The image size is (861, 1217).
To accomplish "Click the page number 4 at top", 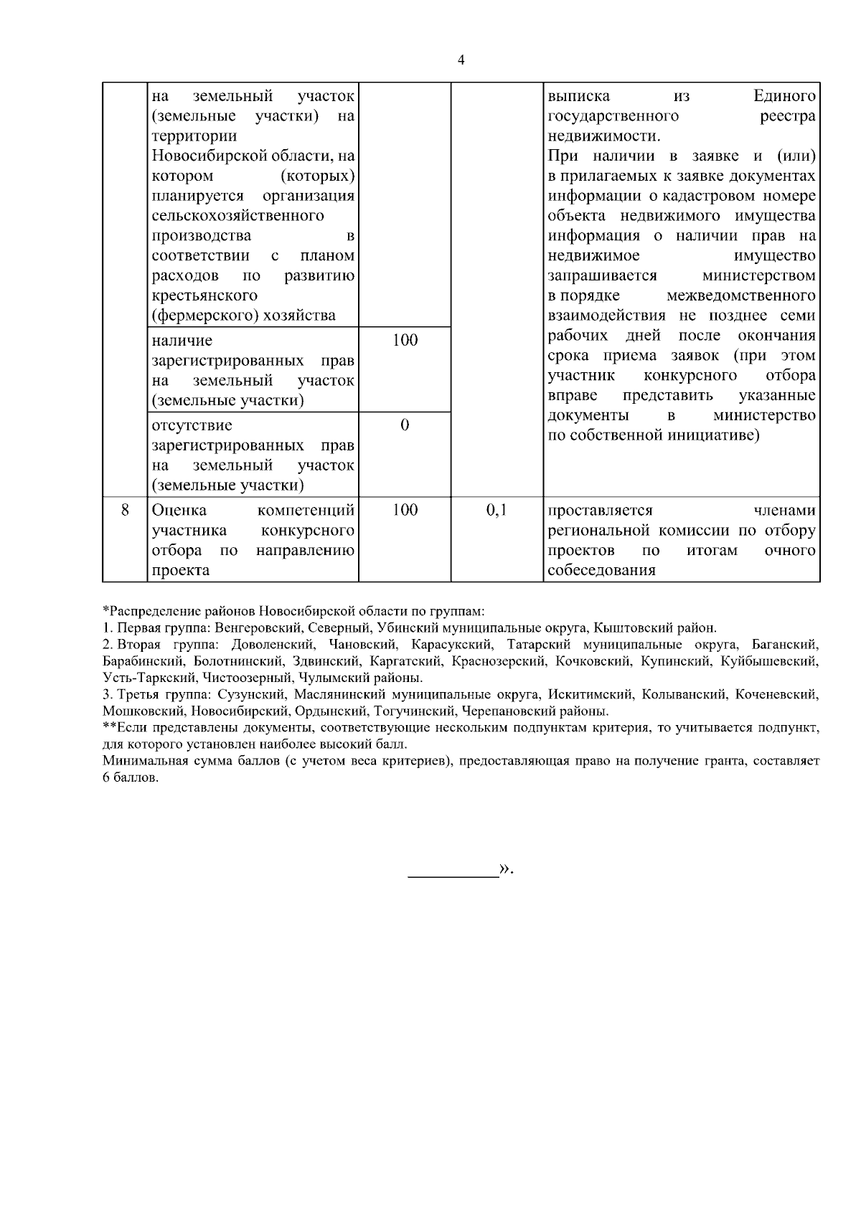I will pyautogui.click(x=461, y=60).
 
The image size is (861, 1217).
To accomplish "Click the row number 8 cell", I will pyautogui.click(x=124, y=511).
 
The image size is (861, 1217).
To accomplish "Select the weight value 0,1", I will pyautogui.click(x=496, y=511).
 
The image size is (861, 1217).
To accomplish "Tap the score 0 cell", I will pyautogui.click(x=405, y=425).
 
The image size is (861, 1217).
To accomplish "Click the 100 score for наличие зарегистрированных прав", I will pyautogui.click(x=405, y=341).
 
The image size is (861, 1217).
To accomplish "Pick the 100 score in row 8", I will pyautogui.click(x=405, y=511).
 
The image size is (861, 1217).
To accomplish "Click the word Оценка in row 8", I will pyautogui.click(x=179, y=511).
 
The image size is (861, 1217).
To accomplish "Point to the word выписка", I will pyautogui.click(x=578, y=96).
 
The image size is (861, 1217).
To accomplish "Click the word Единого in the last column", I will pyautogui.click(x=785, y=96).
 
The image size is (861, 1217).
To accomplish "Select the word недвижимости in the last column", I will pyautogui.click(x=602, y=136).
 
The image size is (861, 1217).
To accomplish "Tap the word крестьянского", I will pyautogui.click(x=204, y=295).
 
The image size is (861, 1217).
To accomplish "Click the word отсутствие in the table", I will pyautogui.click(x=192, y=425).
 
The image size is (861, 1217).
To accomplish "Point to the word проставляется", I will pyautogui.click(x=600, y=511).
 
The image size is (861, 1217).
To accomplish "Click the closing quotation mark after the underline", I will pyautogui.click(x=506, y=869).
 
